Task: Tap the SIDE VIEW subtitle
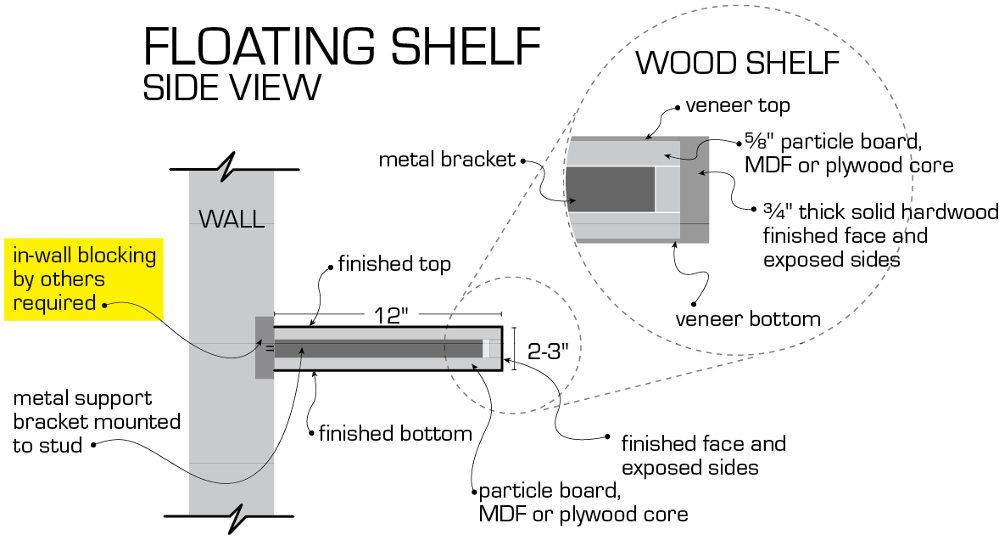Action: point(232,88)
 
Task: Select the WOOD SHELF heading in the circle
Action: point(737,64)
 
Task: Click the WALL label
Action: point(231,220)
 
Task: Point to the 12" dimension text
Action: point(392,315)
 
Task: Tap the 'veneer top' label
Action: point(738,106)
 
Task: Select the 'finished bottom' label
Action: point(395,434)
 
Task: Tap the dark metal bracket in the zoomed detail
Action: point(611,189)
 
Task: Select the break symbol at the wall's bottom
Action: point(232,515)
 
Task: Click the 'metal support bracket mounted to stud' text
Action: point(96,421)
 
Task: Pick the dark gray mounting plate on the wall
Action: point(264,347)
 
